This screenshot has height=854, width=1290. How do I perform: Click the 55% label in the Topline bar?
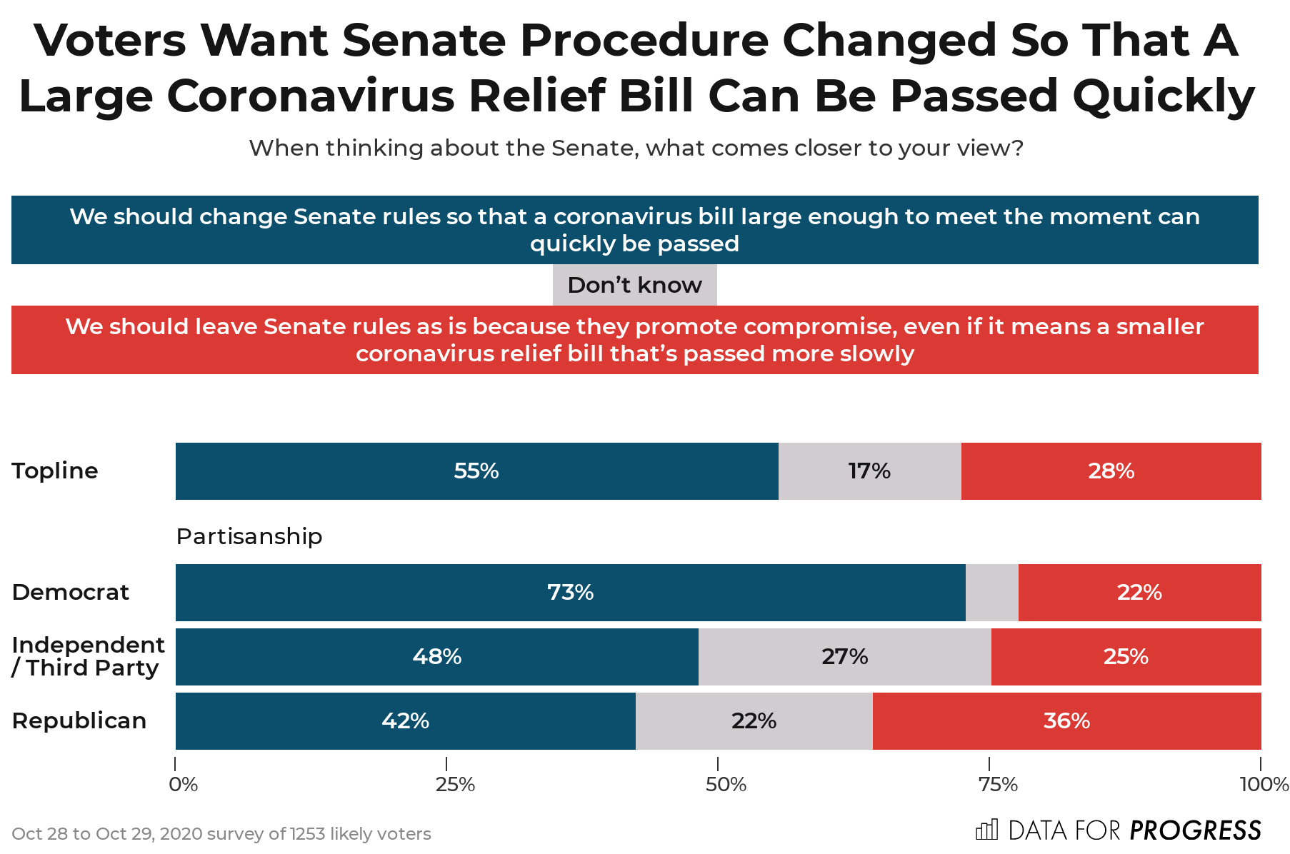click(x=476, y=471)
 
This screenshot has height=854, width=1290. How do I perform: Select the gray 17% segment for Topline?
click(x=869, y=471)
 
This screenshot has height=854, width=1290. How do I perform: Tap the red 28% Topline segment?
click(x=1111, y=471)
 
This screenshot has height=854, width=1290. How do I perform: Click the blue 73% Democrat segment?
click(x=570, y=593)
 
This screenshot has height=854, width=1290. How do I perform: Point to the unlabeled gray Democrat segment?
click(x=991, y=593)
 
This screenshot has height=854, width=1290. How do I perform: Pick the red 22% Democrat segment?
click(x=1139, y=593)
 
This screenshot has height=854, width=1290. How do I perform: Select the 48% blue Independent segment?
click(x=436, y=657)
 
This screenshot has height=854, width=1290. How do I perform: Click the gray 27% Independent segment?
click(x=844, y=657)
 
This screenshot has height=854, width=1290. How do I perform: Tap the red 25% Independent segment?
click(x=1126, y=657)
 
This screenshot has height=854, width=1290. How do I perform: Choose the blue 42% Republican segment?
click(x=405, y=721)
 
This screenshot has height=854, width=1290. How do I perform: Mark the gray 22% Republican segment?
click(x=754, y=721)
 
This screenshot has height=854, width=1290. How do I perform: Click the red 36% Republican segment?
click(x=1066, y=721)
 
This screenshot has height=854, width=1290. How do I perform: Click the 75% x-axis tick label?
click(x=998, y=785)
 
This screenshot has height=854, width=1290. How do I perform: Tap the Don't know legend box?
click(x=634, y=285)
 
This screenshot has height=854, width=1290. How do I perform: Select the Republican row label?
click(x=79, y=721)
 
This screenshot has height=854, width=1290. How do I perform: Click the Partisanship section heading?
click(x=249, y=536)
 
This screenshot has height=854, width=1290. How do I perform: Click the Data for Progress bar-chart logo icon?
click(x=986, y=830)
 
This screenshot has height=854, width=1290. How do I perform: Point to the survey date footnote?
click(x=221, y=834)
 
